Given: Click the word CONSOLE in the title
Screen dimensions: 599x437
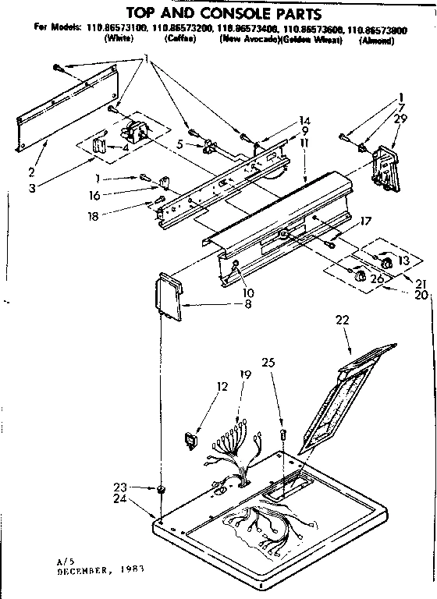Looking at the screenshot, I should tap(247, 12).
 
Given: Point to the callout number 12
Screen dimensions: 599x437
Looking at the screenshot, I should tap(222, 386).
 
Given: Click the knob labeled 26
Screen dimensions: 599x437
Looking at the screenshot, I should tap(359, 275).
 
